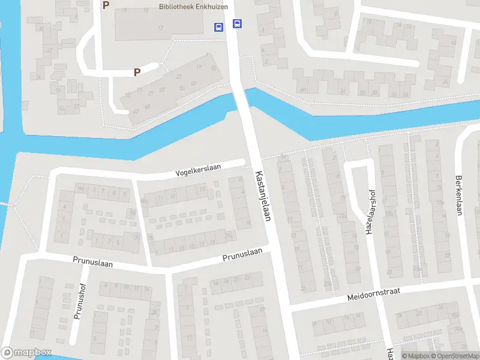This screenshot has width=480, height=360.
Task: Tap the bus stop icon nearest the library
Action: coord(218,26)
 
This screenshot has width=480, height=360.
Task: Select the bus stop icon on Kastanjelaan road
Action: coord(238,24)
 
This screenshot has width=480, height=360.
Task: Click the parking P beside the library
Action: coord(106,5)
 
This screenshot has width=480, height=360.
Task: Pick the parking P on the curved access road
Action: coord(137,72)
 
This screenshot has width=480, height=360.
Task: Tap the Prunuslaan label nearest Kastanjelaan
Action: coord(242,256)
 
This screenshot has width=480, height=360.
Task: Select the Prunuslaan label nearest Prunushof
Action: coord(93,262)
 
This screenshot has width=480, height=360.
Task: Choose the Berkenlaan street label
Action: coord(459,195)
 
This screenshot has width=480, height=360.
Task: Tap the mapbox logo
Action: coord(26,353)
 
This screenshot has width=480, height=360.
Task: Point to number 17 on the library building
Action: coord(160,28)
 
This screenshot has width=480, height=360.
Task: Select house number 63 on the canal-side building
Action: coord(193,83)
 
